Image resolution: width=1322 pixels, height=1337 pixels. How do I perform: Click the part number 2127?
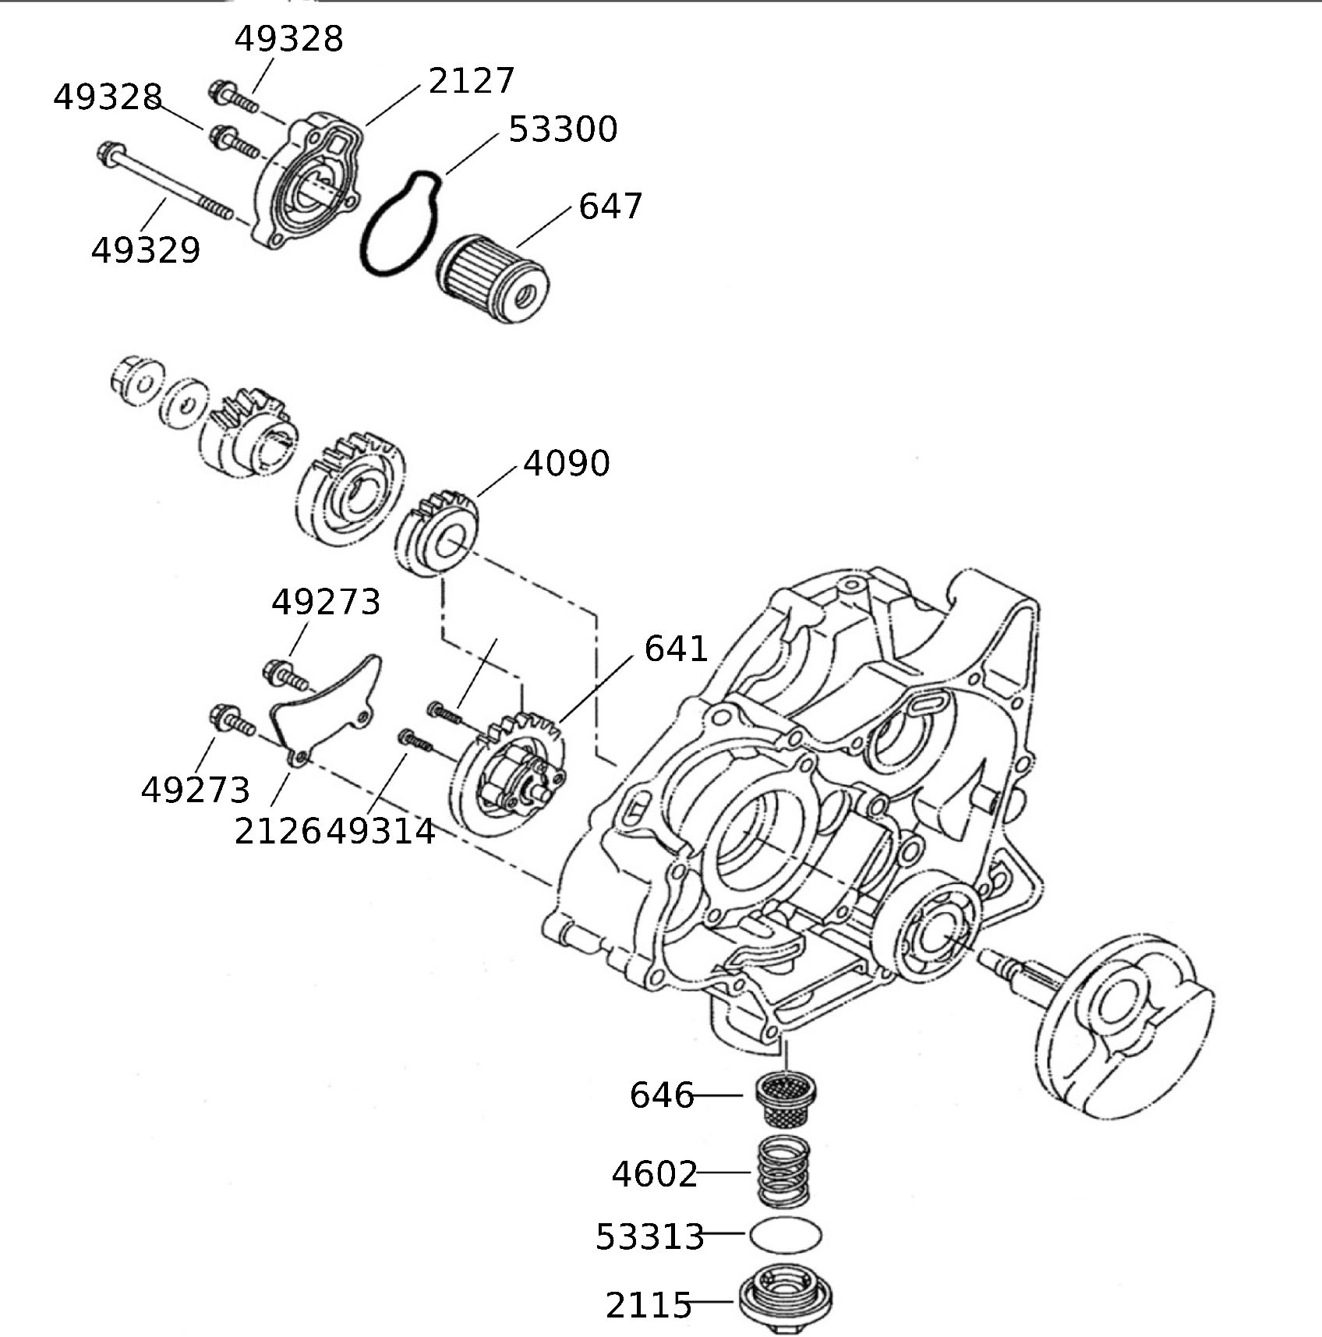(472, 80)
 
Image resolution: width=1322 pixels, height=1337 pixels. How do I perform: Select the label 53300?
(562, 129)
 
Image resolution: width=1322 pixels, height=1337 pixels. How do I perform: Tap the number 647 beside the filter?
(610, 207)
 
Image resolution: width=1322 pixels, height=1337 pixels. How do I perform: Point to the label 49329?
(146, 250)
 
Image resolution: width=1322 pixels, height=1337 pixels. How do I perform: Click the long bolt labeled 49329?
(164, 181)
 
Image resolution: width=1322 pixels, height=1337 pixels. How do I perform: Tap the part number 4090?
(566, 463)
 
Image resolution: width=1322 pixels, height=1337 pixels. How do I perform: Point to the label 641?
(676, 649)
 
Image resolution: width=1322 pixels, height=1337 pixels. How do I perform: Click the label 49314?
(381, 832)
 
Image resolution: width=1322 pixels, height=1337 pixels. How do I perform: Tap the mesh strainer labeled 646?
(786, 1099)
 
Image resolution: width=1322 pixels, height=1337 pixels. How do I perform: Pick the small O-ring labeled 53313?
(786, 1234)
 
